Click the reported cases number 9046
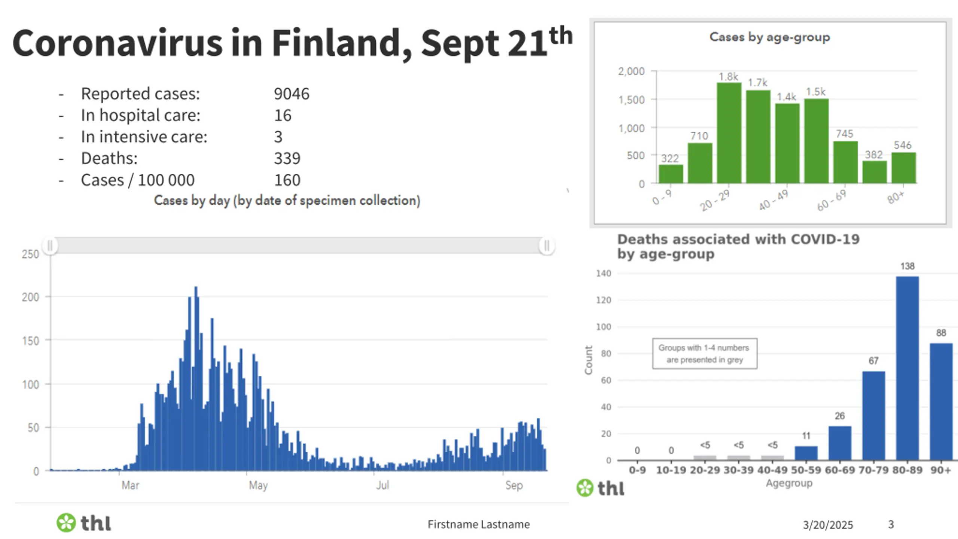pyautogui.click(x=292, y=94)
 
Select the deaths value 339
pyautogui.click(x=287, y=158)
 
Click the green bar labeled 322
pyautogui.click(x=671, y=174)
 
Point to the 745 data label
pyautogui.click(x=845, y=134)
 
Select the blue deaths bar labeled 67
pyautogui.click(x=873, y=415)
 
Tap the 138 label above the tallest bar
pyautogui.click(x=907, y=266)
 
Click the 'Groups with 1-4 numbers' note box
pyautogui.click(x=704, y=354)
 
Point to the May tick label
pyautogui.click(x=258, y=485)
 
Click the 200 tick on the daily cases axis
pyautogui.click(x=30, y=297)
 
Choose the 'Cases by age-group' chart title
pyautogui.click(x=769, y=37)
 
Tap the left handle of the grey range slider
pyautogui.click(x=50, y=246)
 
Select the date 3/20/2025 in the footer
pyautogui.click(x=828, y=525)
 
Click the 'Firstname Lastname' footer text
pyautogui.click(x=479, y=524)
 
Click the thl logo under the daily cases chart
pyautogui.click(x=84, y=523)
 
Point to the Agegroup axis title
pyautogui.click(x=789, y=483)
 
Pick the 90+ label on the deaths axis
pyautogui.click(x=941, y=470)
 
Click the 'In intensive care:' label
pyautogui.click(x=144, y=137)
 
